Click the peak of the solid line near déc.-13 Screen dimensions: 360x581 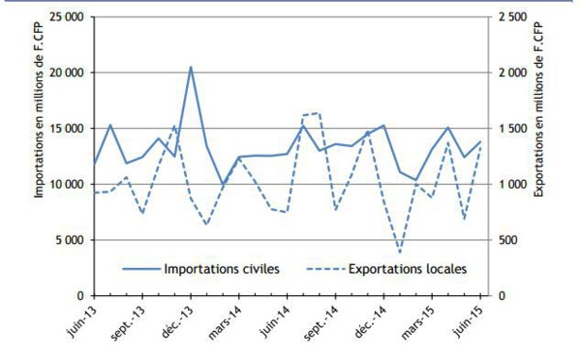(191, 67)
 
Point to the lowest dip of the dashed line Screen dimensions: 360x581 (399, 253)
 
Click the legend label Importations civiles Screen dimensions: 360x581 (222, 268)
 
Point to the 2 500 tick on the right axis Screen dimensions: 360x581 (510, 17)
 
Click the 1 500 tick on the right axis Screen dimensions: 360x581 (510, 129)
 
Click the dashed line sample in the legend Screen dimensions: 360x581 (325, 268)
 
